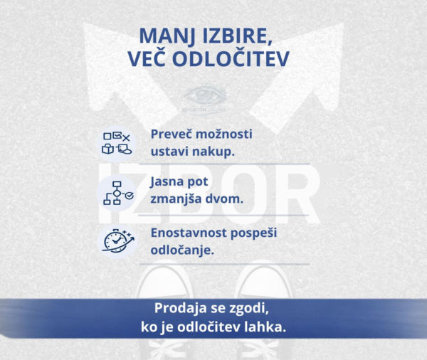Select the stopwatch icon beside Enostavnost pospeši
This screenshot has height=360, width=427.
point(117,240)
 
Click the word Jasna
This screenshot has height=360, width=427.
point(169,181)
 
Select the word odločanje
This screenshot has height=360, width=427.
point(181,251)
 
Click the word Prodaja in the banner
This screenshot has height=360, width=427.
point(181,309)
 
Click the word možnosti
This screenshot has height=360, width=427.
point(225,134)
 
